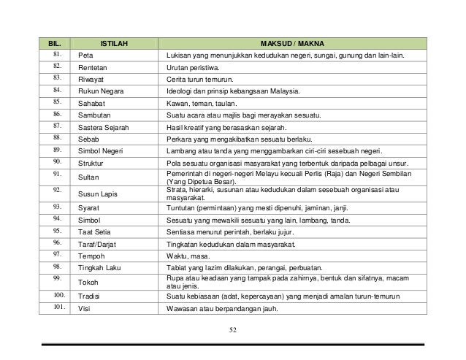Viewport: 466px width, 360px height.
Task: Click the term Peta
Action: [x=85, y=55]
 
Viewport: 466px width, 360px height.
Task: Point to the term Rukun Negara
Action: [x=100, y=92]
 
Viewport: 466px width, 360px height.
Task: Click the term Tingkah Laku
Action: [x=101, y=267]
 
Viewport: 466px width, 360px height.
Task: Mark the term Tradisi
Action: [x=91, y=296]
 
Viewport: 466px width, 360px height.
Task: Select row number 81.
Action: [x=57, y=55]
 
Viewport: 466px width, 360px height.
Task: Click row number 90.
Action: [x=57, y=163]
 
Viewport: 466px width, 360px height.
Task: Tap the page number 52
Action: [x=232, y=332]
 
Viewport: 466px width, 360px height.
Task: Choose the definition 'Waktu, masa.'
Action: [x=187, y=256]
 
